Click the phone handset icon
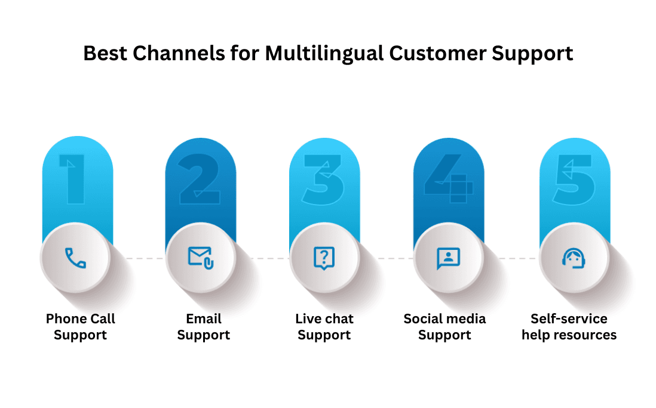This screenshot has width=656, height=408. [x=75, y=258]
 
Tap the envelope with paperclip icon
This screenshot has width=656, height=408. [x=201, y=258]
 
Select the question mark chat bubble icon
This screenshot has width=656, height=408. [x=324, y=258]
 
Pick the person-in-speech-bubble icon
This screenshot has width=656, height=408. [x=448, y=258]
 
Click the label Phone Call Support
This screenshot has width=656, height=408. [x=80, y=327]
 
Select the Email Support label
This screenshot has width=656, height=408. [x=203, y=327]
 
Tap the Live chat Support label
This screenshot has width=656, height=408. [x=324, y=327]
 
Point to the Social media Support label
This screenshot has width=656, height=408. [x=445, y=327]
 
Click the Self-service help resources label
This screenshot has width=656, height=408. [x=569, y=327]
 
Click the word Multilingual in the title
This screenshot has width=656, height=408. [x=325, y=54]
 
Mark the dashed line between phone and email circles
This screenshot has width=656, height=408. [x=142, y=258]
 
